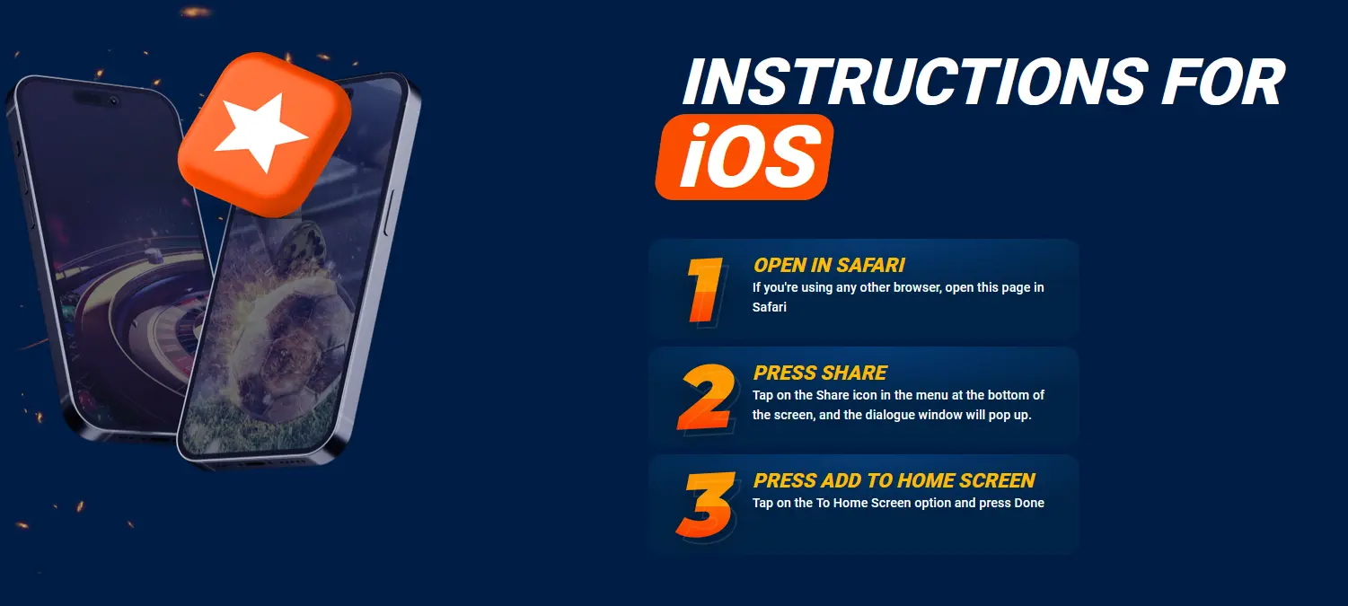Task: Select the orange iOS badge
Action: [744, 156]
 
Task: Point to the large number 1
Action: [705, 291]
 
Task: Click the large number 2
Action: [707, 397]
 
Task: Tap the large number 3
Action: [706, 505]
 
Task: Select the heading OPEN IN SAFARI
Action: [829, 265]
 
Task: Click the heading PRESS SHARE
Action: [820, 373]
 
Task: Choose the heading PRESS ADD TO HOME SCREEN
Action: [894, 480]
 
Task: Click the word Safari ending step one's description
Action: [769, 307]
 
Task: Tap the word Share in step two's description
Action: [833, 395]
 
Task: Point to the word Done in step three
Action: [1029, 503]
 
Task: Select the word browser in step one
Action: [917, 287]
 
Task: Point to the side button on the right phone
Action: [389, 214]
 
